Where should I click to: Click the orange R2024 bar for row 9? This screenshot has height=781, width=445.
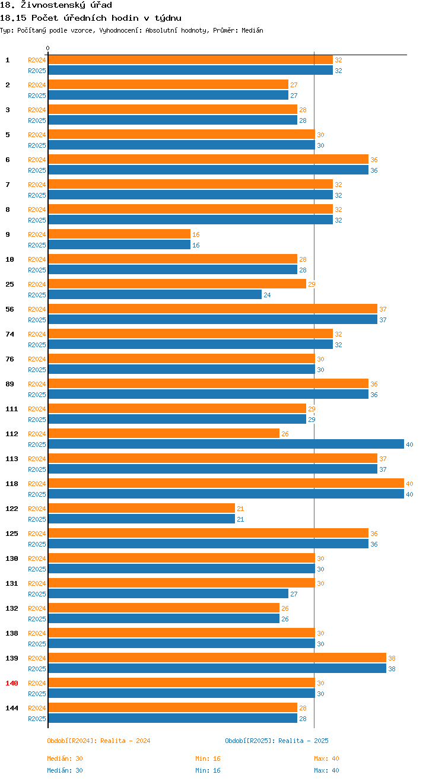[119, 234]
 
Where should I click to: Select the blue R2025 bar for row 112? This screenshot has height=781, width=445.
[225, 445]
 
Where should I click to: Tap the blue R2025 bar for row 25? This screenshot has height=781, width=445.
[154, 295]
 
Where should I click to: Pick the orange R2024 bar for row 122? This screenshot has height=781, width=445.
[141, 509]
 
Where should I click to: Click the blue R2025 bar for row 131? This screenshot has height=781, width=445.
[168, 594]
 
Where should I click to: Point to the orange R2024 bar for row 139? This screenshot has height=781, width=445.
[217, 658]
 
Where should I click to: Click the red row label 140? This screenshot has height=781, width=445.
[12, 683]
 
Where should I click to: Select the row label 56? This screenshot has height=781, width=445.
[9, 309]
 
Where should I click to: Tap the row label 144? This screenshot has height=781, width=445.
[12, 708]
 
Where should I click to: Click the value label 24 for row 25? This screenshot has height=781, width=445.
[267, 295]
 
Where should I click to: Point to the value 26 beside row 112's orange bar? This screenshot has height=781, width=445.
[285, 434]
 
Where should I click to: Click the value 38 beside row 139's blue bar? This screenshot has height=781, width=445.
[392, 669]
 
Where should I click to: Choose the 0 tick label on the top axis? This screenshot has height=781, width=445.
[48, 48]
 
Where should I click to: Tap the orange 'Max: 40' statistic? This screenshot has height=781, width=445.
[326, 758]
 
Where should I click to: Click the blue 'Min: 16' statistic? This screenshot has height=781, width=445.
[208, 770]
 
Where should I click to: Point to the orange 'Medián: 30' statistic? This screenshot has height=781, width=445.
[65, 758]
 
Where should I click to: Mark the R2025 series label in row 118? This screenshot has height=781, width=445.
[37, 494]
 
